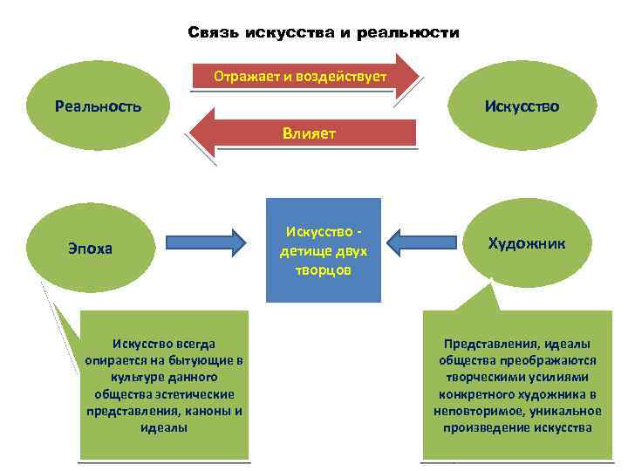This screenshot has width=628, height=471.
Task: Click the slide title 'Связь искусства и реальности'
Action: tap(324, 33)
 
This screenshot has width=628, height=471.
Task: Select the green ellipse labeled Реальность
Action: tap(97, 106)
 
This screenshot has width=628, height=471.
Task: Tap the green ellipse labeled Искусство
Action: tap(522, 106)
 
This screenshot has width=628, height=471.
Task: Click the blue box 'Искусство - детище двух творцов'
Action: tap(324, 251)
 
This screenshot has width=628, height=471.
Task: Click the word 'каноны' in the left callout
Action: tap(206, 411)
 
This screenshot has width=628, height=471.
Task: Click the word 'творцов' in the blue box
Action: tap(324, 270)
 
